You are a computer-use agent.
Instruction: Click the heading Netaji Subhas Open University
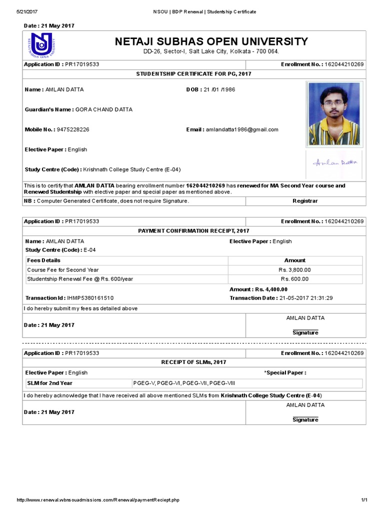(211, 41)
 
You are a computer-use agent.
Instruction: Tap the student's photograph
(333, 113)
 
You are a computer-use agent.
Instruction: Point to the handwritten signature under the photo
(334, 162)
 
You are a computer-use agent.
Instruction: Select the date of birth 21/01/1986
(219, 89)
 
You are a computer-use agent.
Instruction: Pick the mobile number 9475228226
(73, 129)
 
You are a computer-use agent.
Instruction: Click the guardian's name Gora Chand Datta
(103, 109)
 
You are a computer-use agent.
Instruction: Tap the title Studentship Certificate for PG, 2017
(194, 74)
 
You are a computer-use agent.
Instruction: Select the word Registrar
(305, 201)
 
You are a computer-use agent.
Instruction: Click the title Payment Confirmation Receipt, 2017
(193, 231)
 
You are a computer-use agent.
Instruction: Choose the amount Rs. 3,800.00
(294, 270)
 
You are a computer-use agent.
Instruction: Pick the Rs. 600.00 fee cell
(294, 279)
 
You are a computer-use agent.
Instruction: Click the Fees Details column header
(43, 260)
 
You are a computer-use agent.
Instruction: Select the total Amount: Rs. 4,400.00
(258, 289)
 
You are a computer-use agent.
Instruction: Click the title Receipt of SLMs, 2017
(193, 362)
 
